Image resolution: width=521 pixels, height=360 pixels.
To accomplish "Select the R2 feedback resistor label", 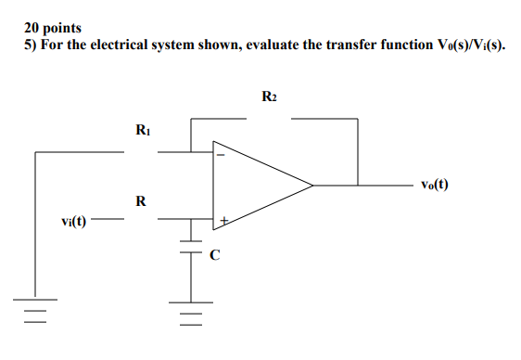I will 270,96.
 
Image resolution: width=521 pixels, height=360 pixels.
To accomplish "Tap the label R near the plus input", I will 140,200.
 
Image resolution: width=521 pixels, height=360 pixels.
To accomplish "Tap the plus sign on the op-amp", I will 222,221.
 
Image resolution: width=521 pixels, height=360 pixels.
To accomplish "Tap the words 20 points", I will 53,29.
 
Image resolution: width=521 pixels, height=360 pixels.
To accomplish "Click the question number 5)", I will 31,45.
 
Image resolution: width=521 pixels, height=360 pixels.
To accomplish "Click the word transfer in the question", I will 322,45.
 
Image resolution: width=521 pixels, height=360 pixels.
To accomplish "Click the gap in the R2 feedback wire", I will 270,119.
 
